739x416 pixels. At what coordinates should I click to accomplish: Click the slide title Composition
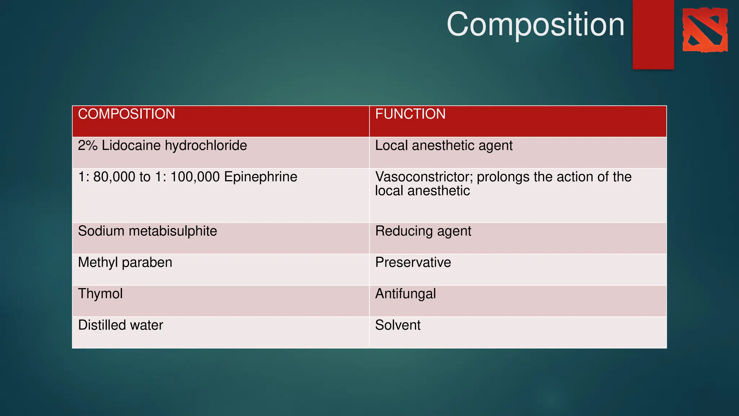pyautogui.click(x=535, y=25)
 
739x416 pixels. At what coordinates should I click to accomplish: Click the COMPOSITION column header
pyautogui.click(x=127, y=114)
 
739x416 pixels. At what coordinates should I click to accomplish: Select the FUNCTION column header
pyautogui.click(x=410, y=114)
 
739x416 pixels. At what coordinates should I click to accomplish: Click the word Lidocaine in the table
pyautogui.click(x=131, y=146)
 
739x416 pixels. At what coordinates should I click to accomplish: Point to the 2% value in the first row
pyautogui.click(x=88, y=146)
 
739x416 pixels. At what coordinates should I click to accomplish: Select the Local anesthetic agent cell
pyautogui.click(x=444, y=146)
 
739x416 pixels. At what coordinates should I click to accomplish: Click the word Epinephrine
pyautogui.click(x=261, y=177)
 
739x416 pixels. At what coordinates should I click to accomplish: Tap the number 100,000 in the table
pyautogui.click(x=195, y=177)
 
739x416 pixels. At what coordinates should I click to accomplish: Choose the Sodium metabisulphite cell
pyautogui.click(x=148, y=231)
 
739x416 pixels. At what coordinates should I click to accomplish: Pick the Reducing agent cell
pyautogui.click(x=423, y=231)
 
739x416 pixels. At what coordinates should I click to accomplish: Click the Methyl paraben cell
pyautogui.click(x=125, y=263)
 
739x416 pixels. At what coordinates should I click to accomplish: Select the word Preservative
pyautogui.click(x=413, y=263)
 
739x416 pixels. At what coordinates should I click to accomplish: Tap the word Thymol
pyautogui.click(x=100, y=294)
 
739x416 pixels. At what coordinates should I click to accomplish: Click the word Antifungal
pyautogui.click(x=406, y=294)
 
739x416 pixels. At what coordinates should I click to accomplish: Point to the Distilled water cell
pyautogui.click(x=121, y=325)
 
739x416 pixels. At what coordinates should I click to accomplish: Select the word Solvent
pyautogui.click(x=398, y=325)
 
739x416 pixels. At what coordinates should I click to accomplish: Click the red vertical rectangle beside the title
pyautogui.click(x=653, y=34)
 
